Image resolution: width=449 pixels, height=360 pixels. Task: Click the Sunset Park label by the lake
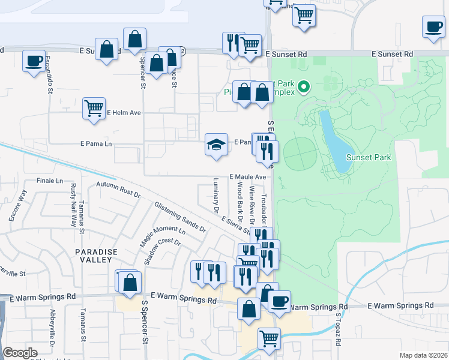369,158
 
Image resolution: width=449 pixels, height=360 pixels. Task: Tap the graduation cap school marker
216,145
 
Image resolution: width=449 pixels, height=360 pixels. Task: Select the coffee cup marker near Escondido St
34,61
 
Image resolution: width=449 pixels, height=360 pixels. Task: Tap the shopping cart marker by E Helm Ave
94,109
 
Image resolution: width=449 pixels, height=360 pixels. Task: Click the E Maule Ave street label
247,178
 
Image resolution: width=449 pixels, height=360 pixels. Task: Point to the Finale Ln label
50,181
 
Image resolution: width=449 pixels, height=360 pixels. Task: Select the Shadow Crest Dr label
162,251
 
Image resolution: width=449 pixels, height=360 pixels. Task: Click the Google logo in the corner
20,352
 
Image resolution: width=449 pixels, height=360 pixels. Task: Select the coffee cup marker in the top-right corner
433,27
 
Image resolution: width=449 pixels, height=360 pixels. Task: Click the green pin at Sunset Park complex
304,88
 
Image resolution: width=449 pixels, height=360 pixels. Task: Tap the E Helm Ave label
124,113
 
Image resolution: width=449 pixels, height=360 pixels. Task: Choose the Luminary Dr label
215,195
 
